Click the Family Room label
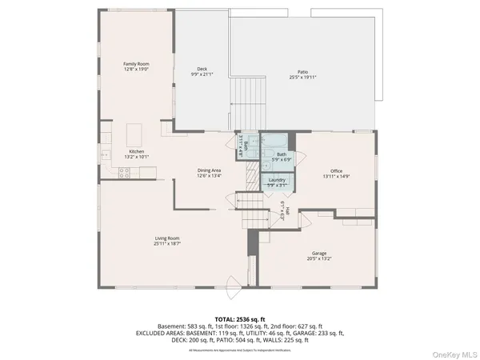click(135, 64)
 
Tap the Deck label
click(202, 69)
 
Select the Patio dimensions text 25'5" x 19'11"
click(303, 78)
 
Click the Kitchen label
click(138, 151)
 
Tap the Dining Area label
click(210, 170)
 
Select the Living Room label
click(166, 238)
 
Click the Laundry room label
click(278, 180)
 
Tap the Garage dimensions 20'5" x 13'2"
click(319, 259)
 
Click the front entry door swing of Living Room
click(232, 282)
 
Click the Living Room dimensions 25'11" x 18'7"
click(166, 243)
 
